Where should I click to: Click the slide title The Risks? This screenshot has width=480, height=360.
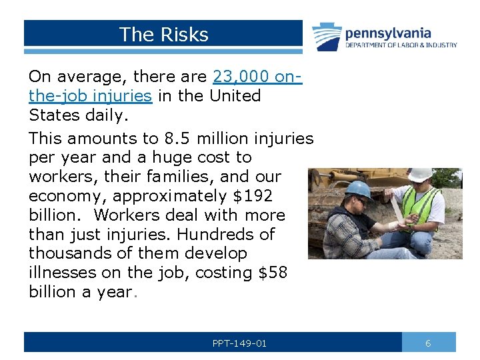(x=163, y=35)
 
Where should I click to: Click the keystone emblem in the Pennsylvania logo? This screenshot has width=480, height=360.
(x=327, y=37)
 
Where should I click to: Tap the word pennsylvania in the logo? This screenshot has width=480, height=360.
(x=388, y=33)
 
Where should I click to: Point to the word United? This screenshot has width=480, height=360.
(x=235, y=96)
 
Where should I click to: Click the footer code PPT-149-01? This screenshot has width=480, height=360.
(x=239, y=343)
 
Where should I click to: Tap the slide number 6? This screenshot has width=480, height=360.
(x=428, y=343)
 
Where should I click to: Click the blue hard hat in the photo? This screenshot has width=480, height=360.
(x=358, y=189)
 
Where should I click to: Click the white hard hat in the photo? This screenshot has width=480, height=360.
(x=420, y=175)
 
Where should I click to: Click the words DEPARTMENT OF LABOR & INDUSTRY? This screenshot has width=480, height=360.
(x=401, y=45)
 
